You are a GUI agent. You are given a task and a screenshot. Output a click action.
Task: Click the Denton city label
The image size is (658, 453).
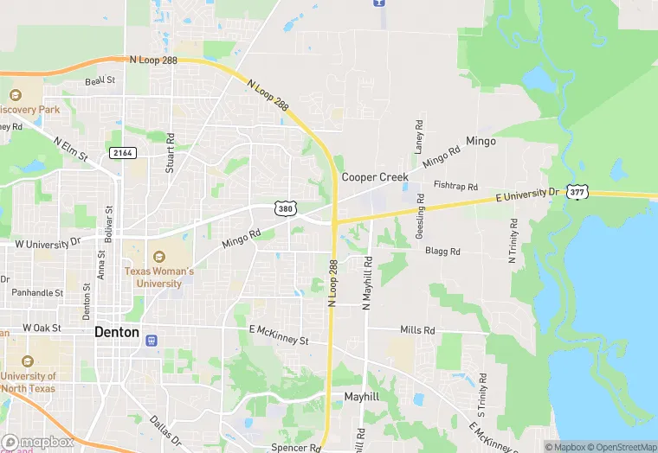click(x=116, y=332)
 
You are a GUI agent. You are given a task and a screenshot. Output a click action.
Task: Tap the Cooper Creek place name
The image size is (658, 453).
click(x=374, y=176)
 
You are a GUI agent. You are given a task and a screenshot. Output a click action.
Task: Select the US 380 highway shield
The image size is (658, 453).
click(x=286, y=208)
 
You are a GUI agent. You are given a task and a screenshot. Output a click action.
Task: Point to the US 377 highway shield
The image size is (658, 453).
click(x=577, y=192)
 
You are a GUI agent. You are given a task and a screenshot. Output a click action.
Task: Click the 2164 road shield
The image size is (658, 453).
click(x=123, y=153)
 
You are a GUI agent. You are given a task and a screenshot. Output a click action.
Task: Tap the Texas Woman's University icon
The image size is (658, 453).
click(x=158, y=257)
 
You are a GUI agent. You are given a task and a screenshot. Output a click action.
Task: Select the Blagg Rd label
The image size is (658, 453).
click(x=442, y=252)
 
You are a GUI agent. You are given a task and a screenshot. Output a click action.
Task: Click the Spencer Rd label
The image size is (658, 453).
click(x=295, y=448)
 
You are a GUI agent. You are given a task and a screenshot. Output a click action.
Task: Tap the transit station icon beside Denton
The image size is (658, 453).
click(x=152, y=341)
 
